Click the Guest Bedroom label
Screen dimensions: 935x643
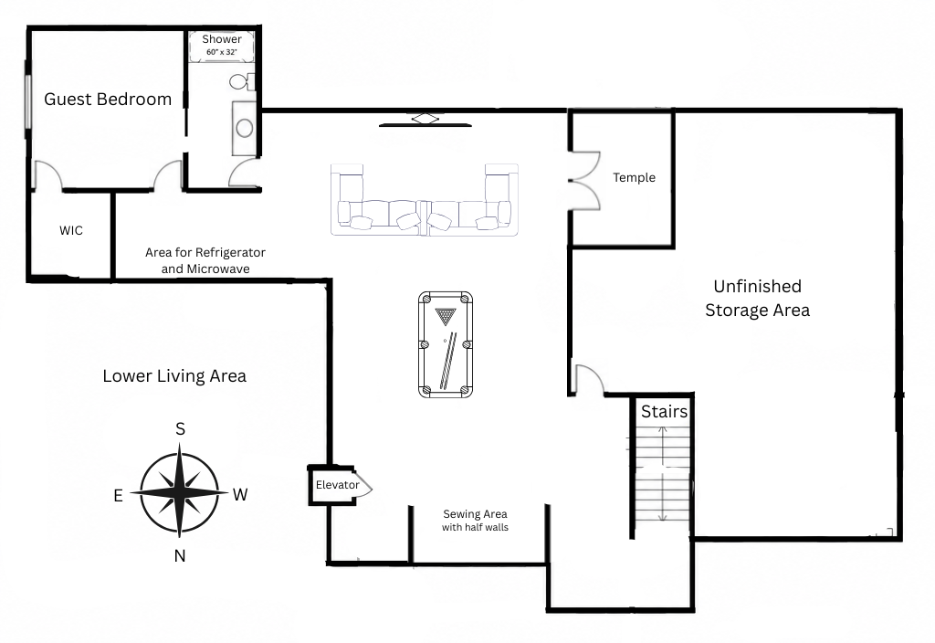(x=108, y=99)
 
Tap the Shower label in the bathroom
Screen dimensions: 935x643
(x=222, y=39)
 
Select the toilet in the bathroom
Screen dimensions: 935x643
(x=242, y=81)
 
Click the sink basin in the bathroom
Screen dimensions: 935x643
(x=245, y=127)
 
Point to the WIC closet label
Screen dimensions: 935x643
(x=71, y=231)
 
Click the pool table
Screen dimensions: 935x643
(x=446, y=344)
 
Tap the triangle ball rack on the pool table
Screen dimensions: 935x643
(x=445, y=316)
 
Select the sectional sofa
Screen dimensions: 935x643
(x=425, y=200)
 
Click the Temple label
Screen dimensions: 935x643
(x=634, y=178)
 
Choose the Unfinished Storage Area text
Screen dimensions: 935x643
(x=757, y=299)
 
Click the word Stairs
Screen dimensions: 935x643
(x=664, y=412)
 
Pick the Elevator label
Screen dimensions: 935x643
(x=338, y=485)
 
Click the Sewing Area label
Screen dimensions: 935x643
(x=475, y=514)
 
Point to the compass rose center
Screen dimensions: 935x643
(x=180, y=492)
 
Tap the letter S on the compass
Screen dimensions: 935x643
(x=180, y=429)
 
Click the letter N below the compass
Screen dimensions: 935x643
(x=180, y=556)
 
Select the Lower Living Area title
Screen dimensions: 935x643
(x=174, y=376)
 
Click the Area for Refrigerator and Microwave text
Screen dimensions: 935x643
(x=205, y=260)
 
